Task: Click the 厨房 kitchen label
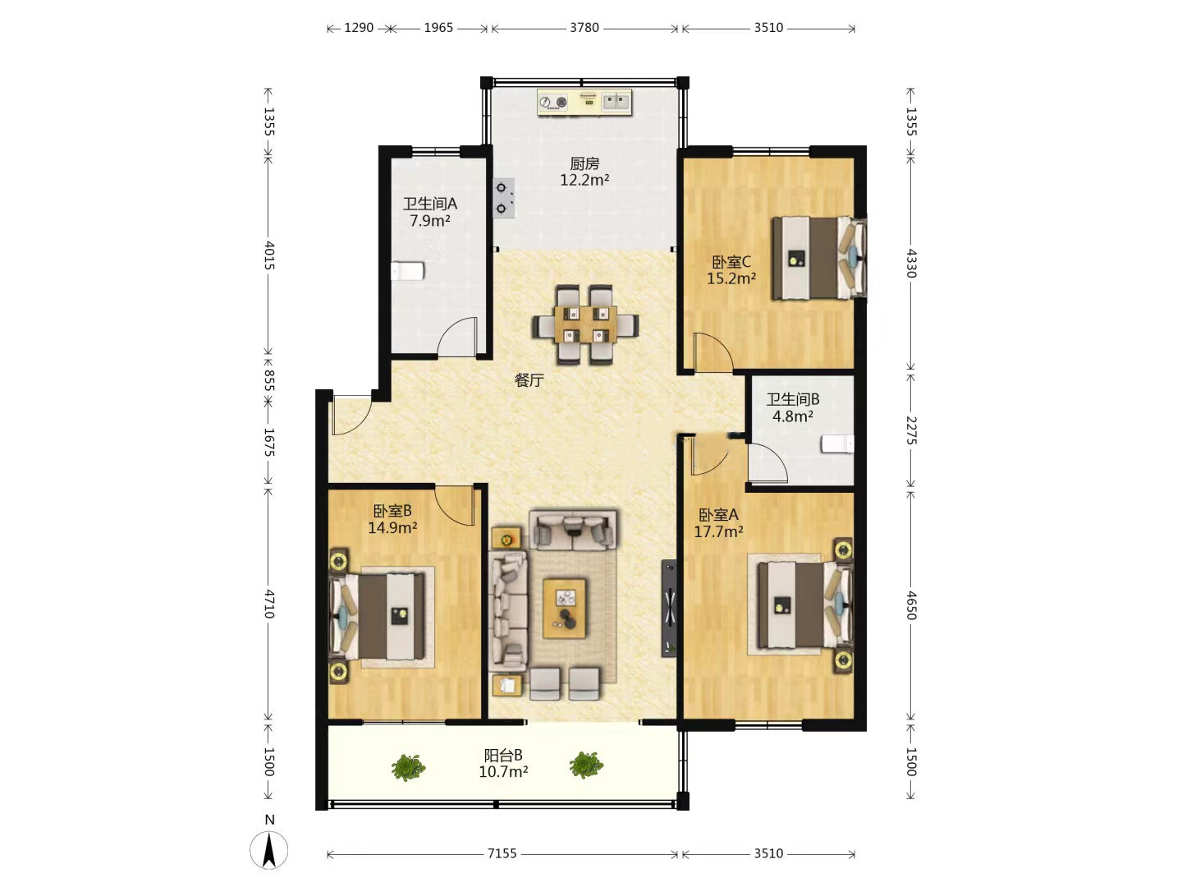pos(584,163)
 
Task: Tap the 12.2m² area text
pos(584,179)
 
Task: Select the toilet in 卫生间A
pos(408,270)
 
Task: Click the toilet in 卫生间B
pos(837,444)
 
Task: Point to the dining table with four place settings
pos(585,324)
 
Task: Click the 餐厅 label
pos(529,380)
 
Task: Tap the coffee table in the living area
pos(564,608)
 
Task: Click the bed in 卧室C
pos(818,257)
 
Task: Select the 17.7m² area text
pos(718,531)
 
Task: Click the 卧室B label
pos(392,511)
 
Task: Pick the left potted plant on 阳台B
pos(408,766)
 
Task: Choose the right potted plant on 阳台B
pos(586,765)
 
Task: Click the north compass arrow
pos(269,850)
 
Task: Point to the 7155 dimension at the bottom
pos(502,853)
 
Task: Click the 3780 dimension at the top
pos(584,27)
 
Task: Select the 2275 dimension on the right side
pos(910,430)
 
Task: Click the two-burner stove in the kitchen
pos(503,198)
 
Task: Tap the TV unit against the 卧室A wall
pos(669,608)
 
